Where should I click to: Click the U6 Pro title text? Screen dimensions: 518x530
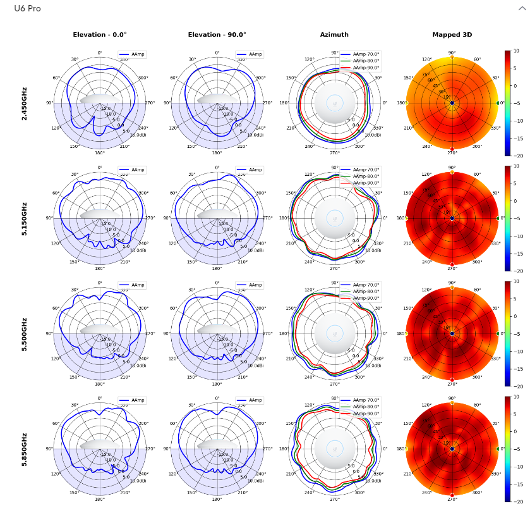(27, 9)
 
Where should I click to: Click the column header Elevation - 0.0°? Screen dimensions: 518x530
(100, 35)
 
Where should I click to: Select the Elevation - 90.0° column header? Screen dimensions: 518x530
(217, 35)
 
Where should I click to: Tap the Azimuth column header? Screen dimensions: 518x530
(334, 35)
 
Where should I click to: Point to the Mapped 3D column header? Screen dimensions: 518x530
(452, 35)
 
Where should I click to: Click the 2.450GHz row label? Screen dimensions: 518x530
(25, 103)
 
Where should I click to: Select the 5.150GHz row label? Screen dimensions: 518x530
(25, 219)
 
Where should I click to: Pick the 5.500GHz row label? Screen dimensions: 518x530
(25, 334)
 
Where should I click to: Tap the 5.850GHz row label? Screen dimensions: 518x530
(25, 449)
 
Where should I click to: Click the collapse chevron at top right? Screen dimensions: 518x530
(522, 8)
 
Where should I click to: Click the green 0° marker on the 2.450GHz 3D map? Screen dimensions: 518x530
(498, 103)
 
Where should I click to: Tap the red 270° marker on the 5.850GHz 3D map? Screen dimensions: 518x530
(452, 495)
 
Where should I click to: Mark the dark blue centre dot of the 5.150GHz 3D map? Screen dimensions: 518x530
(452, 218)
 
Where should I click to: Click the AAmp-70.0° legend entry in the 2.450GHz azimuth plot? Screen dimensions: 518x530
(366, 54)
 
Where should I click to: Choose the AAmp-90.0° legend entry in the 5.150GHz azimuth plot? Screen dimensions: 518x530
(366, 183)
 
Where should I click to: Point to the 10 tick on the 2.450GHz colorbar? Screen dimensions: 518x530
(515, 51)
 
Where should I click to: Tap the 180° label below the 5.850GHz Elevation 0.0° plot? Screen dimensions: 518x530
(100, 499)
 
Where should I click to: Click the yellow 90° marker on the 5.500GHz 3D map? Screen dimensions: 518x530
(452, 287)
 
